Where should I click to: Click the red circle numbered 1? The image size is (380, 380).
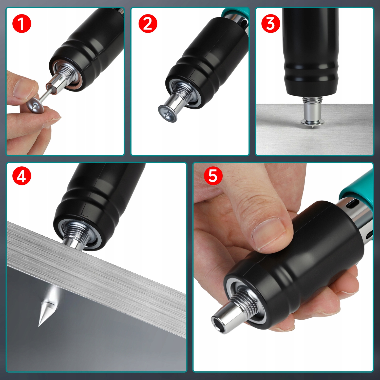(x=22, y=24)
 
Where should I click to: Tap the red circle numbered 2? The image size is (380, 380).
(x=148, y=24)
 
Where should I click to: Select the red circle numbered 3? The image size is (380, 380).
(x=271, y=24)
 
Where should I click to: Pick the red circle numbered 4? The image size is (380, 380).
(x=22, y=176)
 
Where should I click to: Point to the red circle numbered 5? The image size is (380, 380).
(x=213, y=176)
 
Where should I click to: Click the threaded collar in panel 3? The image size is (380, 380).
(x=312, y=100)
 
